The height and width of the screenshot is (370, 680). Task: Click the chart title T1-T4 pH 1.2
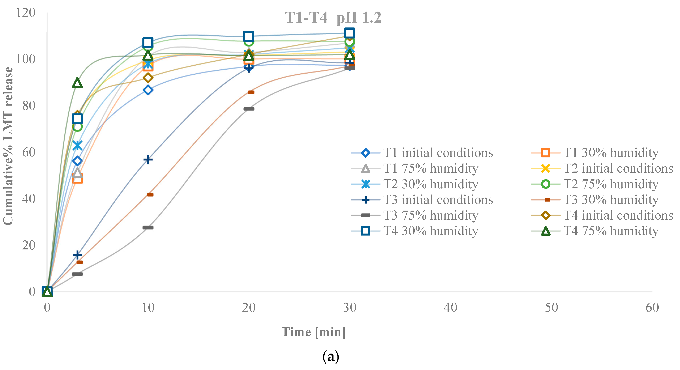pos(333,18)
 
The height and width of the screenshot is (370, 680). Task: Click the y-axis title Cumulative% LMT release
pos(8,146)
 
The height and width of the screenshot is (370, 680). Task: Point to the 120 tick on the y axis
pos(26,13)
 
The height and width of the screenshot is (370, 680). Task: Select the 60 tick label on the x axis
pos(652,308)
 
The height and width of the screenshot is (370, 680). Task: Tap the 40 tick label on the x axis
pos(450,308)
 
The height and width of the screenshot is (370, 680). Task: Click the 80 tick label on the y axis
pos(29,106)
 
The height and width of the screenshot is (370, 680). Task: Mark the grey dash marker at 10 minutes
pos(148,228)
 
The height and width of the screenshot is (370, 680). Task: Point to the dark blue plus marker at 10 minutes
pos(148,159)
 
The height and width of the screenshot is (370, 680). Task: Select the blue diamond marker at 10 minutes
pos(148,90)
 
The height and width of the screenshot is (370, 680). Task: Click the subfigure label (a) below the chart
pos(330,357)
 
